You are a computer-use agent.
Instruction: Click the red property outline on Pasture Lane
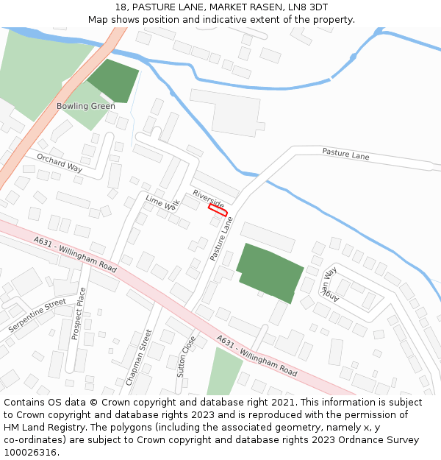(218, 210)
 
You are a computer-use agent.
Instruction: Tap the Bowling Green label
(86, 106)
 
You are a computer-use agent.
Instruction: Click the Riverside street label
(209, 198)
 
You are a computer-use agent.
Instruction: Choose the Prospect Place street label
(79, 313)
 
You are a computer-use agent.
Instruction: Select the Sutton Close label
(187, 356)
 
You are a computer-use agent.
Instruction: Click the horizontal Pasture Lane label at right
(345, 155)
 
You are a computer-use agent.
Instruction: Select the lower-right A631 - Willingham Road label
(257, 356)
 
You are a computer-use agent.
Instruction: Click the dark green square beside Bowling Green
(113, 80)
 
